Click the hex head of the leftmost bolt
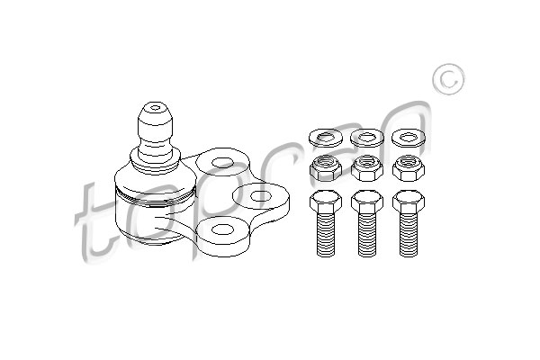(x=326, y=202)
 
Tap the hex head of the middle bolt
(x=367, y=202)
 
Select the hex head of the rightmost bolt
(x=409, y=202)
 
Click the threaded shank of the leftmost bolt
(x=326, y=235)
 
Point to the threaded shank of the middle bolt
(x=367, y=235)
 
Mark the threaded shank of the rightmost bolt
(x=409, y=235)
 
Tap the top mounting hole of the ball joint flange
(x=223, y=163)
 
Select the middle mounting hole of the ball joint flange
(x=261, y=196)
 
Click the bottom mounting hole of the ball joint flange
(x=223, y=229)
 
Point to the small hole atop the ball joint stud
(x=156, y=107)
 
